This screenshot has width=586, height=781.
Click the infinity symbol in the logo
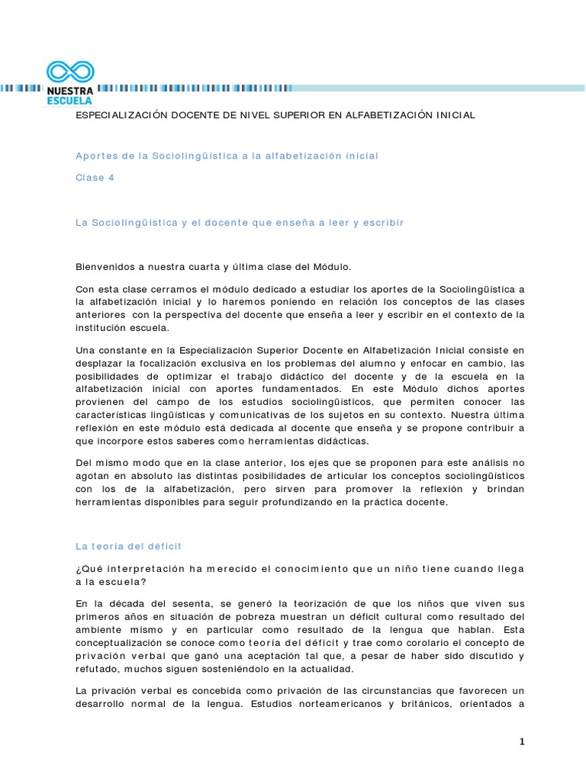click(x=70, y=72)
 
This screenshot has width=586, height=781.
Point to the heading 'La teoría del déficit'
click(x=128, y=546)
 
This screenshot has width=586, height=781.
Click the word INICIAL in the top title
click(x=454, y=114)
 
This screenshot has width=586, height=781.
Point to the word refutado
click(x=97, y=669)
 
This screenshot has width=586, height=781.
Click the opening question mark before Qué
click(x=78, y=570)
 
